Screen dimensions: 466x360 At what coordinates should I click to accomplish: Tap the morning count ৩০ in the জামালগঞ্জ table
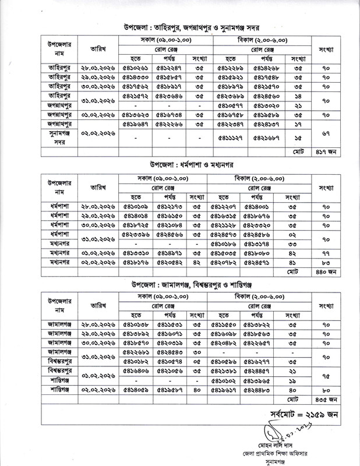point(200,352)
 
